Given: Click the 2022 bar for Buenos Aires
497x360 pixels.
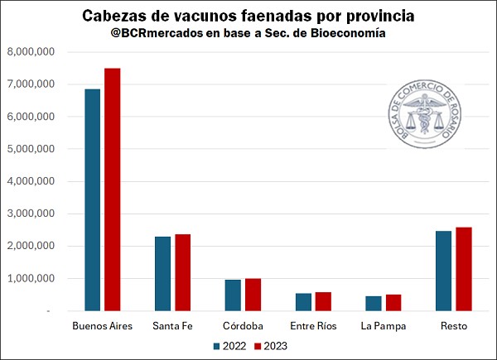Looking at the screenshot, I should point(92,199).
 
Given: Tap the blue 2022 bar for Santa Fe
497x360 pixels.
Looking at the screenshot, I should point(163,274).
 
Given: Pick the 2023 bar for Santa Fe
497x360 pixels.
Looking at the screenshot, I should point(182,272).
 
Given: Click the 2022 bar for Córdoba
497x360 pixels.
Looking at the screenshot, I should point(234,295).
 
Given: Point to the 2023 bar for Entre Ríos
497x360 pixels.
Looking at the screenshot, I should point(323,302).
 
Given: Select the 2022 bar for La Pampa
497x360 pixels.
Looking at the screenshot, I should point(374,304).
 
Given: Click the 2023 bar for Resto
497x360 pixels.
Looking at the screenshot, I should point(463,269).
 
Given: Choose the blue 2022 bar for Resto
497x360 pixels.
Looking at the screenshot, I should point(444,271).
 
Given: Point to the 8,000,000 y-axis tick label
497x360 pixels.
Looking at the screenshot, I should point(31,52).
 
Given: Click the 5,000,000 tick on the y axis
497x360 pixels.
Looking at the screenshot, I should point(31,149).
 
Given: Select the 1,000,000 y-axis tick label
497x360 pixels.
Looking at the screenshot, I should point(31,279).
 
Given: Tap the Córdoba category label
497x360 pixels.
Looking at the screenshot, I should point(244,326).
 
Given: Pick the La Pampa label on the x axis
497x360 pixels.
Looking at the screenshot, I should point(384,326).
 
